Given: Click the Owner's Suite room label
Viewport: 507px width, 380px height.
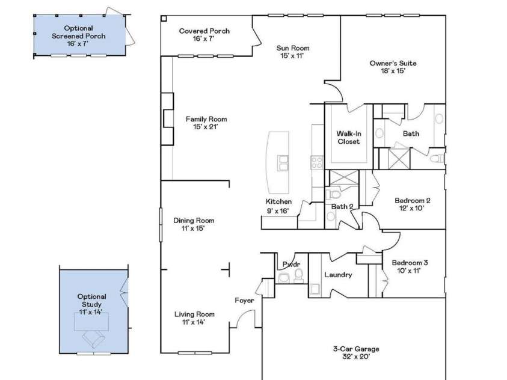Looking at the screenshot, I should (393, 67).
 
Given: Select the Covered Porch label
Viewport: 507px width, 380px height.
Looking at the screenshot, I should (204, 35).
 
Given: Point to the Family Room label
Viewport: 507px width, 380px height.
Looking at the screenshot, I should (206, 123).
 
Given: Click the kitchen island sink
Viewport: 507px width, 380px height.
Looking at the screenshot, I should (282, 162).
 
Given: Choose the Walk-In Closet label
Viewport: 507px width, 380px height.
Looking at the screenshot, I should (348, 137).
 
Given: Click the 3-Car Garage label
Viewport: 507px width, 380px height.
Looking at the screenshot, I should (356, 352).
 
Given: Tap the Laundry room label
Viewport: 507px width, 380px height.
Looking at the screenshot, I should (337, 275).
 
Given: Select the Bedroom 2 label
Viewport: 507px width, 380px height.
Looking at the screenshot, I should (412, 204).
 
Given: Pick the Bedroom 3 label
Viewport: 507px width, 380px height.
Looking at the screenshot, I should (410, 266).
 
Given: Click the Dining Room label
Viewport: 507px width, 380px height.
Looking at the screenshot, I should (194, 224).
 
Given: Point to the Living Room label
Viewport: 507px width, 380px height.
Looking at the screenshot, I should (194, 318).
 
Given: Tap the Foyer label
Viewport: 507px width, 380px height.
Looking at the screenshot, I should (244, 301).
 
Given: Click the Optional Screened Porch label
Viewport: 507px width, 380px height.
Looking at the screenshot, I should (78, 35).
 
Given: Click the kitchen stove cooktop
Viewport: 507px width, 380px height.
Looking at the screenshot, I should (316, 161).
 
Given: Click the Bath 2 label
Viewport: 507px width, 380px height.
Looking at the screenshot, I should (342, 207).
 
